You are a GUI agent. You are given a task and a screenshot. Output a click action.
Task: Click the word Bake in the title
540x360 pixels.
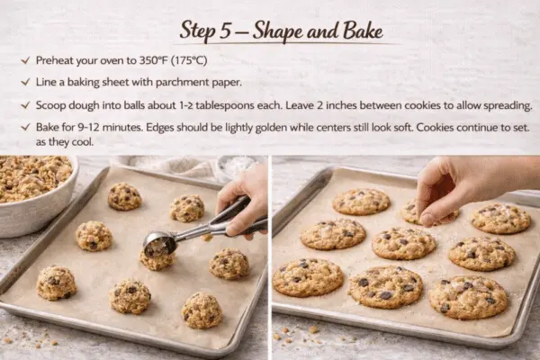tap(338, 31)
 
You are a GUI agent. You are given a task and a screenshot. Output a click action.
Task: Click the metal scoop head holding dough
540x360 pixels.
tap(160, 242)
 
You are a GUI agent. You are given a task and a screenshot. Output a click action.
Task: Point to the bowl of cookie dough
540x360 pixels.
tap(36, 191)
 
